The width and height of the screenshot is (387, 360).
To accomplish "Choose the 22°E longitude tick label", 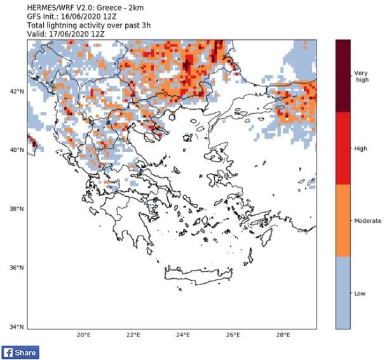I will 133,335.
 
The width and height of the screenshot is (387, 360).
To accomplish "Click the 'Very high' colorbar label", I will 361,76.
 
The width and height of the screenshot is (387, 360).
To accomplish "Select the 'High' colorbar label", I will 360,148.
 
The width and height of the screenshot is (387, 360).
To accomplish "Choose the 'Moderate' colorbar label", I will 367,220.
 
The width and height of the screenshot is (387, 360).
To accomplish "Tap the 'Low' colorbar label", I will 359,293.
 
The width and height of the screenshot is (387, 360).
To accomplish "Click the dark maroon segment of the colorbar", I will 343,76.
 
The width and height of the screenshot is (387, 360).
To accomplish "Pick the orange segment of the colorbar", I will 343,220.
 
